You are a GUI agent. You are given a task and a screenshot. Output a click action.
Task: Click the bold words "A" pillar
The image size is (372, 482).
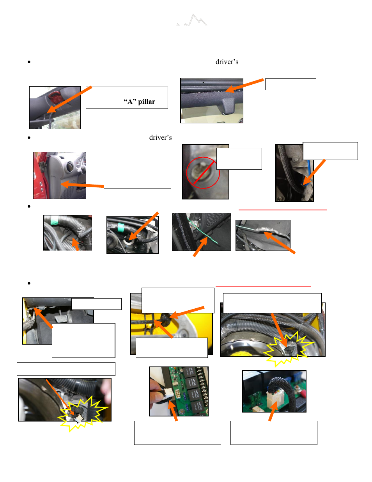[139, 101]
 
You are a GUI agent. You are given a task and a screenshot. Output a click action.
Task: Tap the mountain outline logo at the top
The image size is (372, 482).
[192, 20]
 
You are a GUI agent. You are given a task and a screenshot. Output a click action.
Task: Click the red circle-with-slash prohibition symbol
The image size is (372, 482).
[203, 173]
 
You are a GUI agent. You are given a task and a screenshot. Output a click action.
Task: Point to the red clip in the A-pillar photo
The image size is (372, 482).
[53, 96]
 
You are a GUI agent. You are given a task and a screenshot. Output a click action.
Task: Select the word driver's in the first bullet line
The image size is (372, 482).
[227, 62]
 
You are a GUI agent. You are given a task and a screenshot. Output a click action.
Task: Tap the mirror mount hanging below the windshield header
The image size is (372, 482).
[228, 106]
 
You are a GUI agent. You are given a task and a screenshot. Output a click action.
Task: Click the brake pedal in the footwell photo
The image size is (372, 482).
[61, 319]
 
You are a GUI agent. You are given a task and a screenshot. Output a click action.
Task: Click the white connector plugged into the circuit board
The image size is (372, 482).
[275, 397]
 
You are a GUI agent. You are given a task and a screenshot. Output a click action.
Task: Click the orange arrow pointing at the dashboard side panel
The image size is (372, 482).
[82, 185]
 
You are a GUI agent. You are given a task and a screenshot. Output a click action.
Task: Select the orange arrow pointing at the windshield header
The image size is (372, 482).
[244, 85]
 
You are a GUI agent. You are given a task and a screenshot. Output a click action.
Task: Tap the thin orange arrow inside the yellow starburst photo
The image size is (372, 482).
[60, 397]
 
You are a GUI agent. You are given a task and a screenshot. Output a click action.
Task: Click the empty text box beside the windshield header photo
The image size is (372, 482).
[291, 84]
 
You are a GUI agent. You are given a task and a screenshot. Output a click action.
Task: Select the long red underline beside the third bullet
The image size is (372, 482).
[283, 210]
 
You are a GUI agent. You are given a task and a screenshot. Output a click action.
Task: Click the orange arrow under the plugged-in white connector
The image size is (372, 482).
[273, 411]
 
